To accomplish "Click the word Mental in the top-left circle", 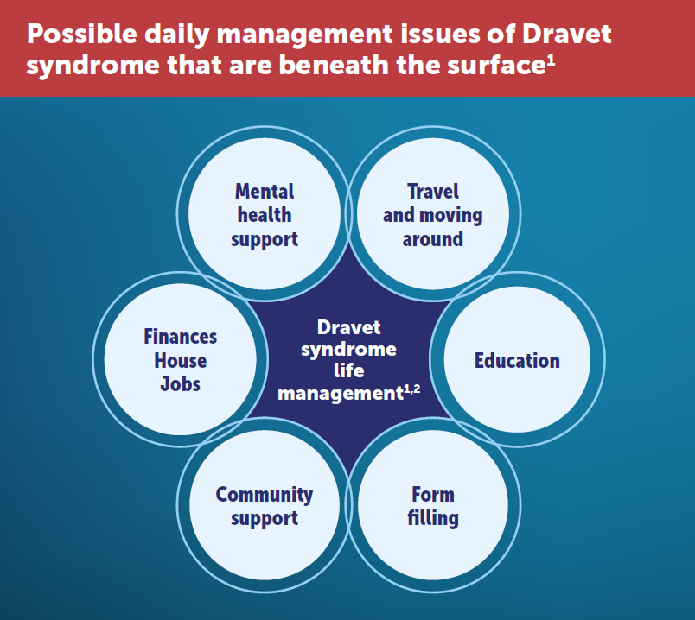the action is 265,192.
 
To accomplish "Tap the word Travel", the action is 432,192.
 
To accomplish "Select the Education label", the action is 517,360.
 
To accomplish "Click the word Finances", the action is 181,337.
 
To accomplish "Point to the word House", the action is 181,360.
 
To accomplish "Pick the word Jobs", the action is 181,384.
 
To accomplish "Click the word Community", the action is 265,495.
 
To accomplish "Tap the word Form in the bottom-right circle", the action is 433,495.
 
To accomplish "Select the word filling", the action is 433,519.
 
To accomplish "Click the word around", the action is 432,239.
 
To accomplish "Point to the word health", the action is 265,215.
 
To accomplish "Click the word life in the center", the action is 349,370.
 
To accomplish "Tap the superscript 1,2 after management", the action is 411,389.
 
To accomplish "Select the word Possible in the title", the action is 82,34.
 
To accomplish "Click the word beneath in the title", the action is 335,65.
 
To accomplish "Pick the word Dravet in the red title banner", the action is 567,34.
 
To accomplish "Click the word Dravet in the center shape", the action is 349,328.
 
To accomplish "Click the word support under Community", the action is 265,519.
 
